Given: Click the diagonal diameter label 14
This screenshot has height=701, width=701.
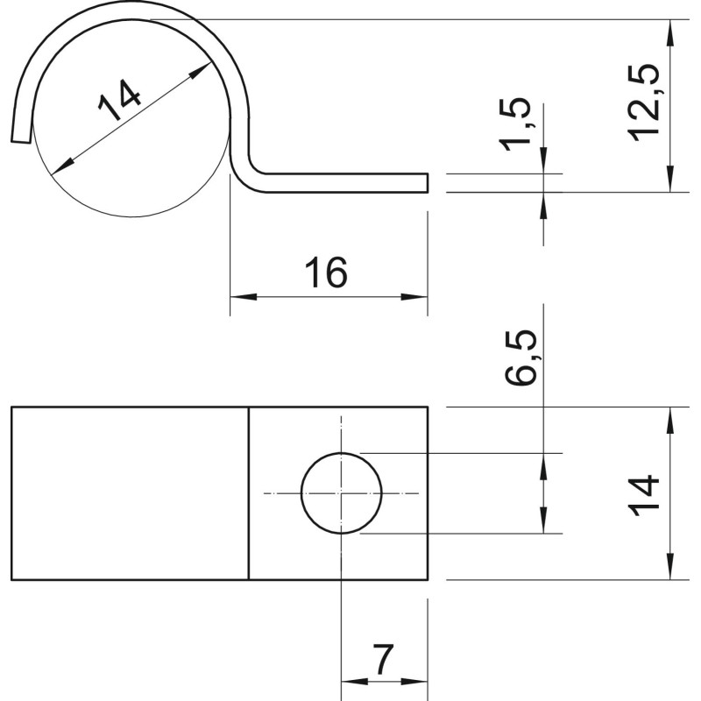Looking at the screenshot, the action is (119, 101).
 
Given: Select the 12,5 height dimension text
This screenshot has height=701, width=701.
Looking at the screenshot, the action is (644, 103).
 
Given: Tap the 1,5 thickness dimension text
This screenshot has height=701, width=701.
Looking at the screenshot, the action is (515, 124).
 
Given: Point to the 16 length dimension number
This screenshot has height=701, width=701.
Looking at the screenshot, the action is (326, 273).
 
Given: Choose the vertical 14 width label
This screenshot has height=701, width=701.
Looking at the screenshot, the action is (644, 495).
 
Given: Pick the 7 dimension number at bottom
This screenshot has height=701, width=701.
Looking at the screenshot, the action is (384, 660).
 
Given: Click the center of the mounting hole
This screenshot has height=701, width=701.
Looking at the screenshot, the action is (341, 493).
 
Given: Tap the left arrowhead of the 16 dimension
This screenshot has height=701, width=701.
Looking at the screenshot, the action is (244, 296).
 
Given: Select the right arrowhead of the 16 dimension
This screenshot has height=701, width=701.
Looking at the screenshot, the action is (414, 296).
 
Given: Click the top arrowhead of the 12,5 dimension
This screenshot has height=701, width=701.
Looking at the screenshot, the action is (669, 33).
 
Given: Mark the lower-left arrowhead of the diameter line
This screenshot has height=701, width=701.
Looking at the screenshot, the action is (62, 166).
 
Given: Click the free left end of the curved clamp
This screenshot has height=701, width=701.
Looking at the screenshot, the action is (20, 141).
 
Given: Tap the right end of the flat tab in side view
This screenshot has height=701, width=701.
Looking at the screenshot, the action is (428, 183).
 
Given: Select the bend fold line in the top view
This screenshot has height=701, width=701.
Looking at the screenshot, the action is (249, 493).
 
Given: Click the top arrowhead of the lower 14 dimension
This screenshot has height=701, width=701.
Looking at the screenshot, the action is (669, 421).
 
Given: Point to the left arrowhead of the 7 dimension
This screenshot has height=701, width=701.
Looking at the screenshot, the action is (355, 682).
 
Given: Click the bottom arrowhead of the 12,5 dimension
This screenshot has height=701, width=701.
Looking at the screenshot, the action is (669, 179).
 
